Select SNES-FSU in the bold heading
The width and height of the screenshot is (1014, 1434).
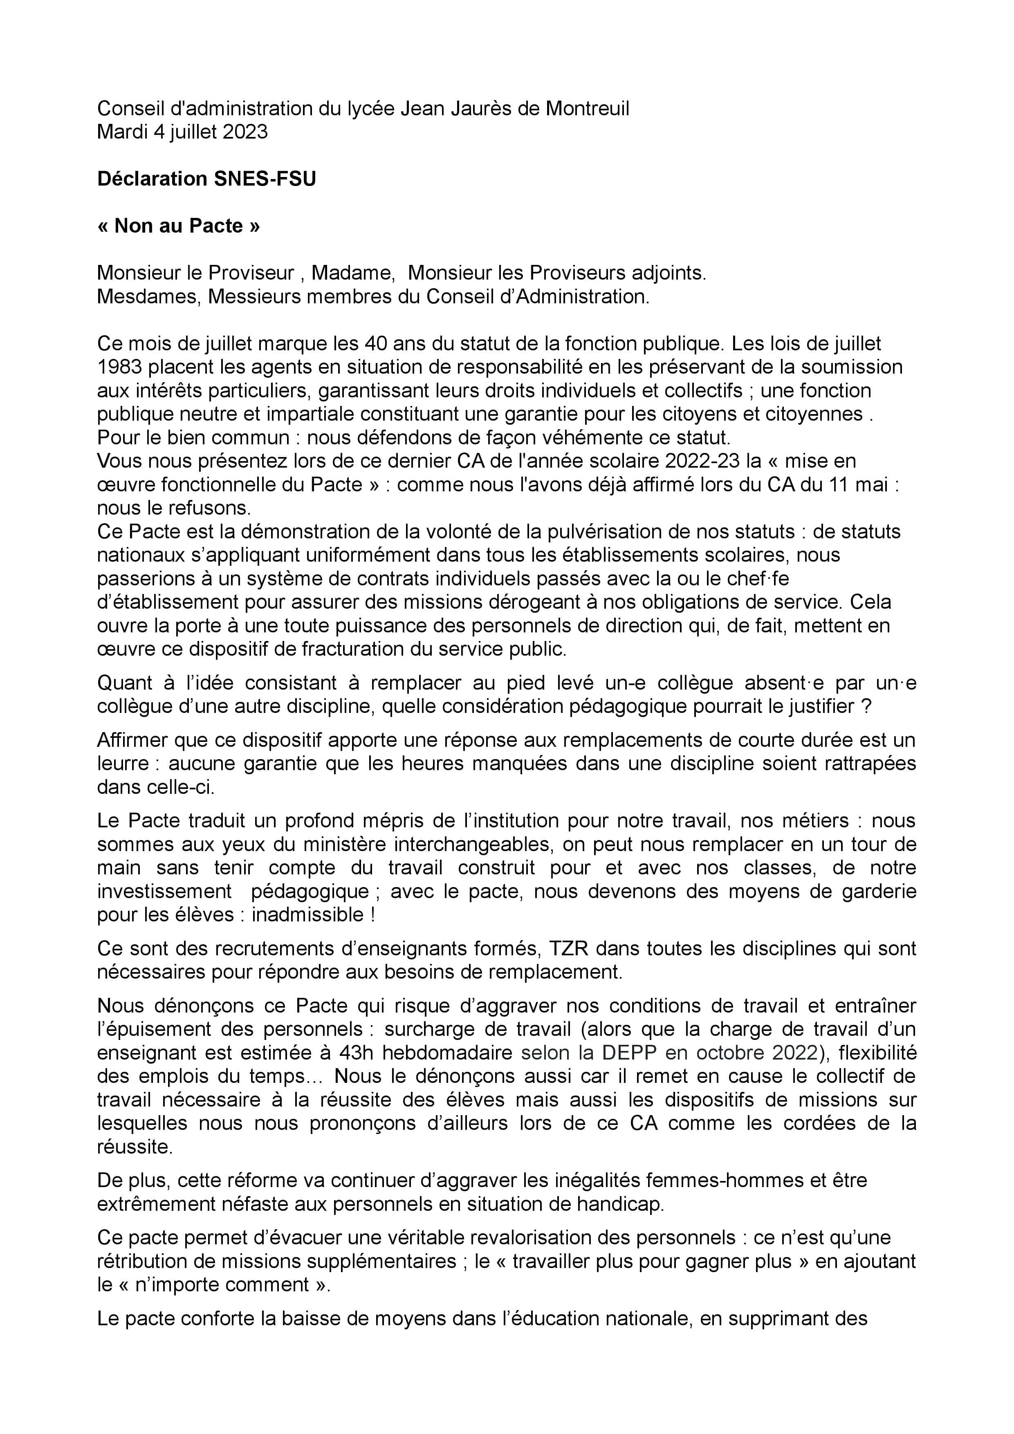point(265,179)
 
